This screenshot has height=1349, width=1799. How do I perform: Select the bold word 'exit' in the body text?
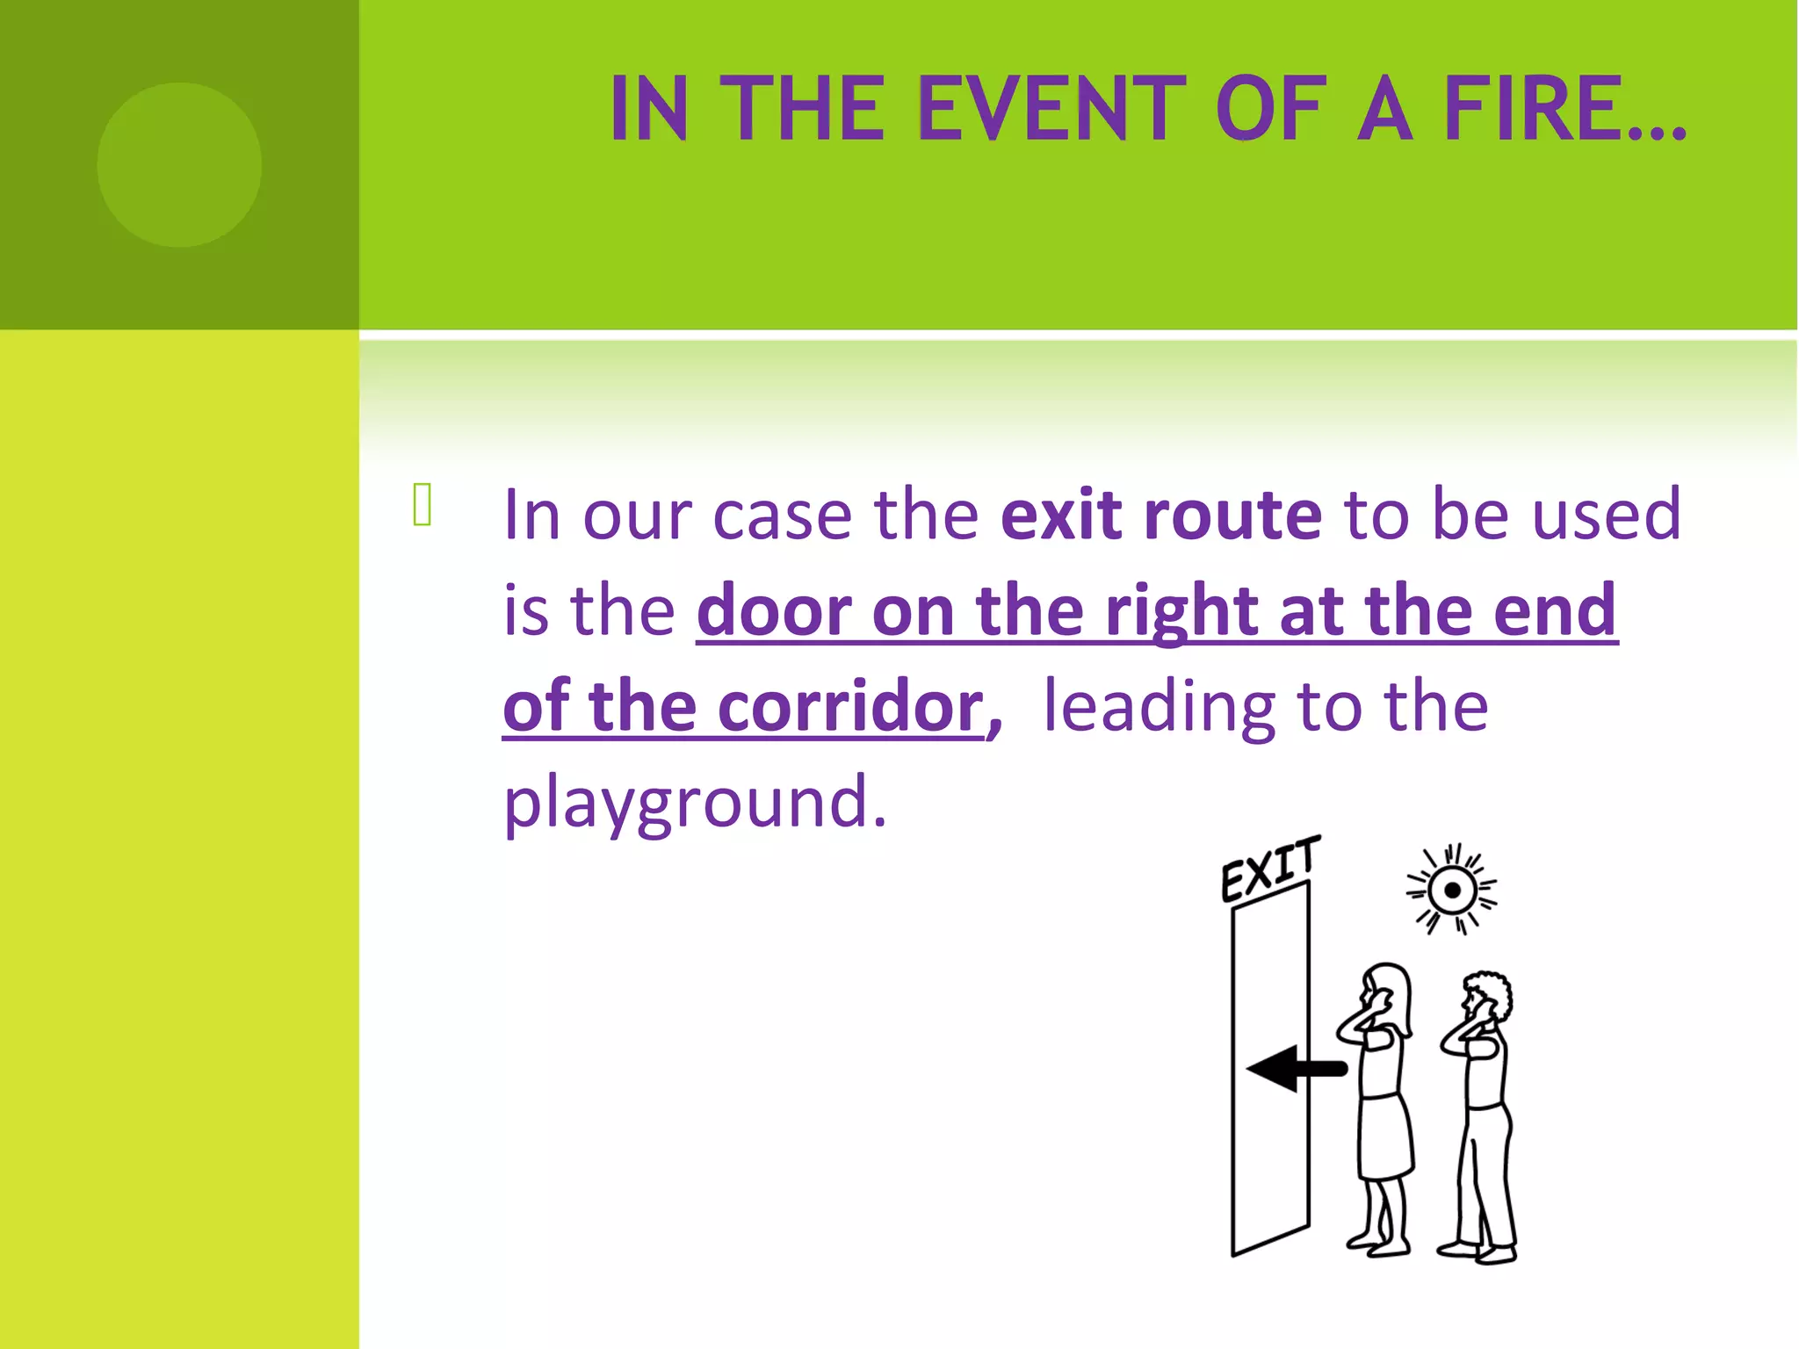click(x=1061, y=515)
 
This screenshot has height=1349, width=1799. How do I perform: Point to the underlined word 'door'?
click(x=774, y=610)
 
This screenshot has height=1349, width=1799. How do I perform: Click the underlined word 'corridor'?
click(x=851, y=706)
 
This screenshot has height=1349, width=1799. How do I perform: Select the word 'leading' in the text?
click(x=1159, y=708)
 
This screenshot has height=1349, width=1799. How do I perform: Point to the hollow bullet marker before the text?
click(x=422, y=505)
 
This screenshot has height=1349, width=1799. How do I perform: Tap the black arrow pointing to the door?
click(x=1295, y=1068)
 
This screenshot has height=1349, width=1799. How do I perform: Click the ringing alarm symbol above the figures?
click(x=1451, y=891)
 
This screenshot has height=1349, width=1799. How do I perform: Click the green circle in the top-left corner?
click(x=179, y=164)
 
